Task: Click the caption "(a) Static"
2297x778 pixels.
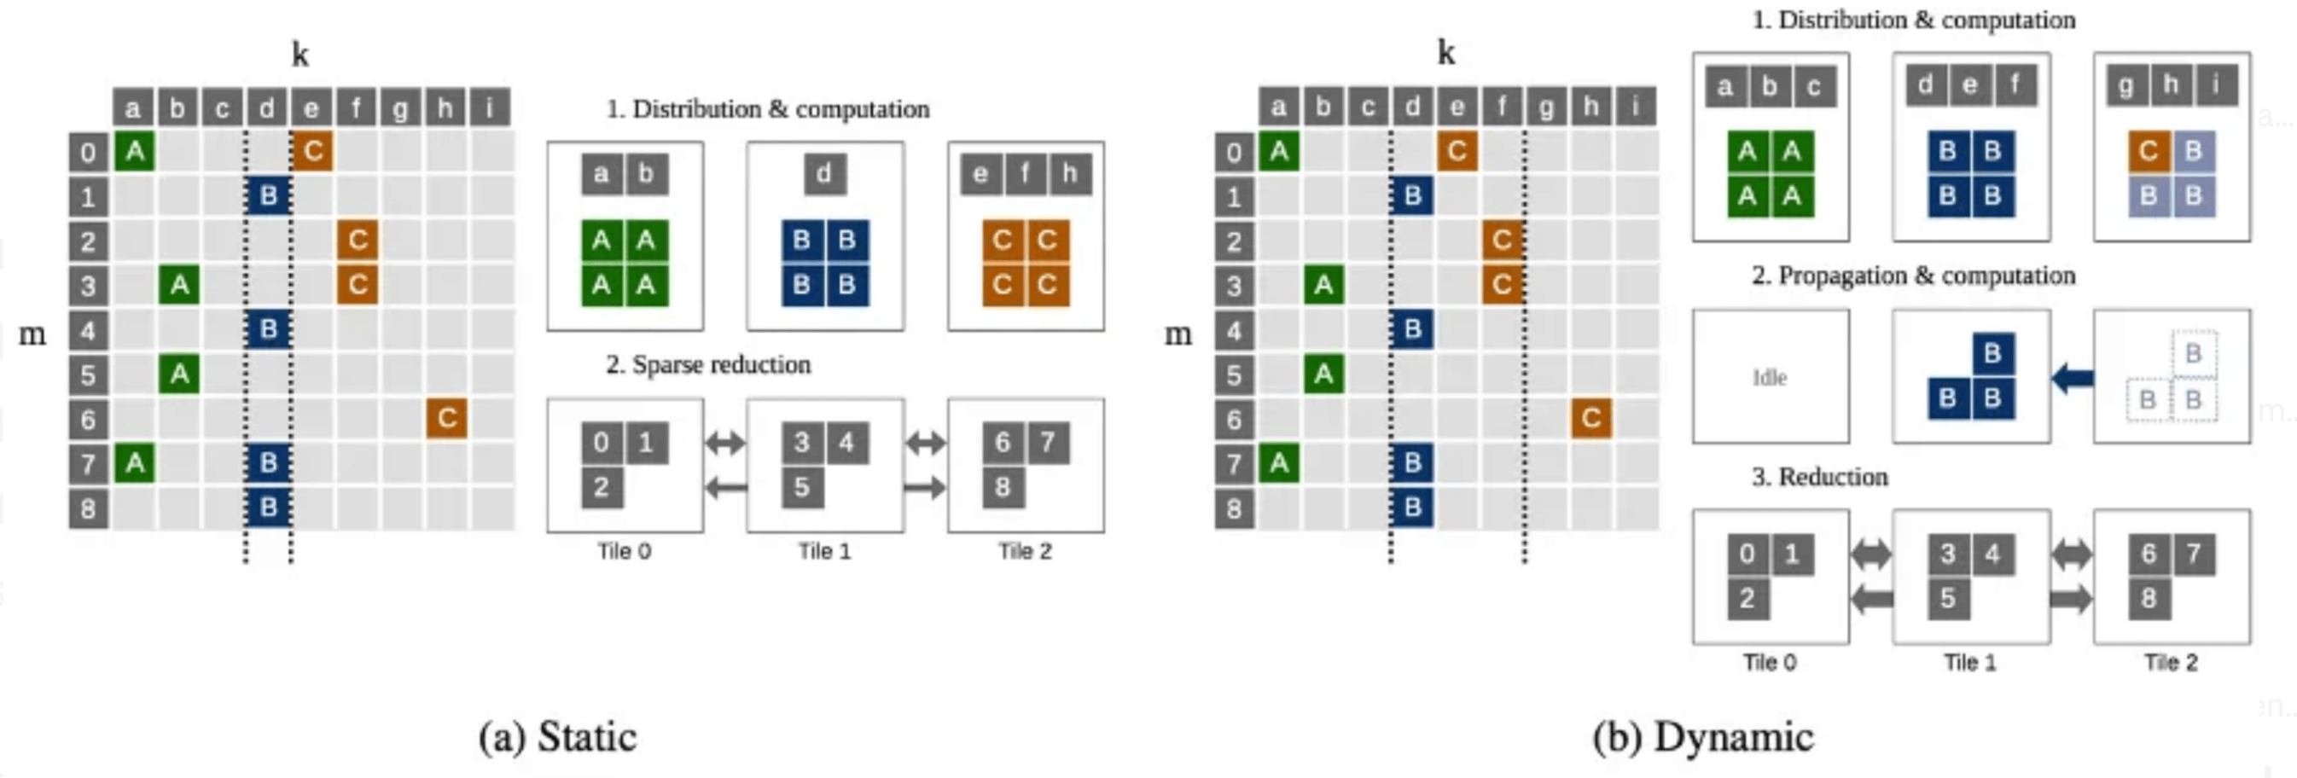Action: coord(557,737)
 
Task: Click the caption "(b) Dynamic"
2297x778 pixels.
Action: coord(1702,737)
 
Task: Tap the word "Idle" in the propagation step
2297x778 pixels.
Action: coord(1769,378)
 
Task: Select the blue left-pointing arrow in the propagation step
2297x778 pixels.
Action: coord(2072,378)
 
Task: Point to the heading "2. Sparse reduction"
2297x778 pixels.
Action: coord(708,364)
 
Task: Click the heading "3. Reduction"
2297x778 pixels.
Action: coord(1819,477)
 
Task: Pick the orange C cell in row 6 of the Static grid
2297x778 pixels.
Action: coord(447,418)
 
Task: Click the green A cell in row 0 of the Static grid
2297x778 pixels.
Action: coord(135,151)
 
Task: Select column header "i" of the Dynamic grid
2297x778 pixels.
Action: coord(1636,107)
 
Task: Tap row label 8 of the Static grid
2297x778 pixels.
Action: coord(88,508)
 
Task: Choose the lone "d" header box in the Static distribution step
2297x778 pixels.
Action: coord(824,173)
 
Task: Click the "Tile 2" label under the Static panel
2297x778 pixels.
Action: coord(1025,552)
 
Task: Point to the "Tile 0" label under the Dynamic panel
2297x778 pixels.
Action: coord(1769,662)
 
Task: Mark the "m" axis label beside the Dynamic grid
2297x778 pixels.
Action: coord(1178,334)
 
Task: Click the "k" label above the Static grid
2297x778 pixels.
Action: coord(300,55)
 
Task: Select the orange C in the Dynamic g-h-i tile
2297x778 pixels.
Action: coord(2148,152)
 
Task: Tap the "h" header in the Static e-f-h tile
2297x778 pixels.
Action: coord(1069,173)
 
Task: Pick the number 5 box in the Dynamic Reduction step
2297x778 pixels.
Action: coord(1947,597)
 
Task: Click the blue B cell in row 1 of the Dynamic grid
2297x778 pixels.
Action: coord(1412,195)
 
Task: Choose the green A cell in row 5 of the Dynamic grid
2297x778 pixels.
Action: coord(1323,374)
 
